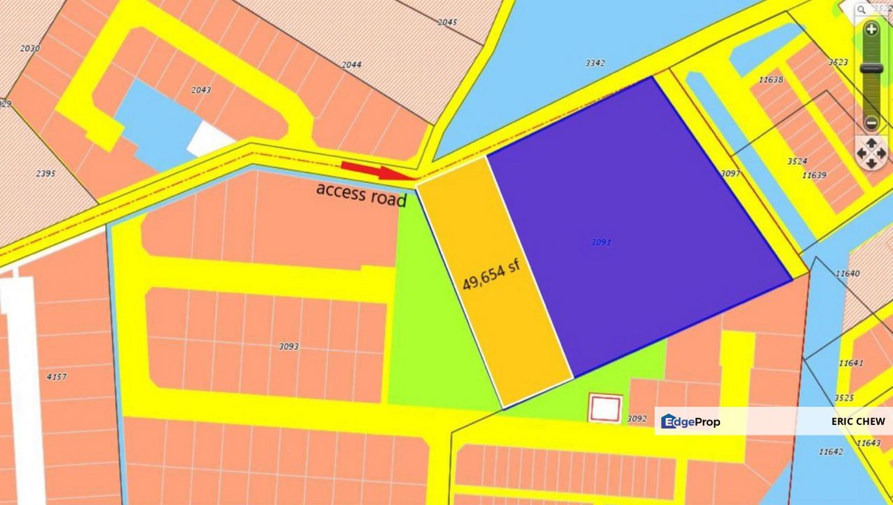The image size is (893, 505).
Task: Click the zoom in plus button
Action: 871,29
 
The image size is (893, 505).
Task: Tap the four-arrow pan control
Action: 871,151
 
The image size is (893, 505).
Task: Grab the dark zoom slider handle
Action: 871,68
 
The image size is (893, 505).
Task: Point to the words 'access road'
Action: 361,194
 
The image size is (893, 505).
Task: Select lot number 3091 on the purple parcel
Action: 601,242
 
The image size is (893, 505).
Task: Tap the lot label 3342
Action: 595,63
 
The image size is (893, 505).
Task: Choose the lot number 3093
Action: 289,346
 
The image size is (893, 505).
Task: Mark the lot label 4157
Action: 56,377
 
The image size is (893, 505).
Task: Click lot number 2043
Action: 200,90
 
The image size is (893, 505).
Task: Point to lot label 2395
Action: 45,173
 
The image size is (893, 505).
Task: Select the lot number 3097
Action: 730,173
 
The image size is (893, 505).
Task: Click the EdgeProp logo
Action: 690,422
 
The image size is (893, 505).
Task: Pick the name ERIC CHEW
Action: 858,422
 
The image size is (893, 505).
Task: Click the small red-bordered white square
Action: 605,408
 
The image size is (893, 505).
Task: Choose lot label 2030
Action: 30,48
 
